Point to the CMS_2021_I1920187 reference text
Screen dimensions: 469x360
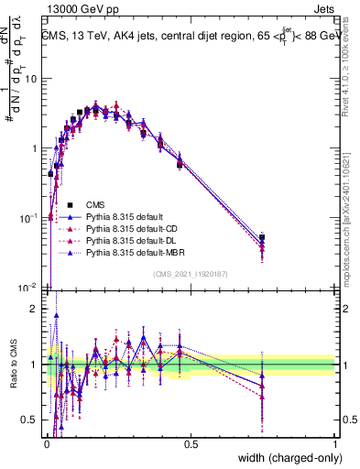click(191, 273)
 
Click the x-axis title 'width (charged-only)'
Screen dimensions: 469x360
click(286, 458)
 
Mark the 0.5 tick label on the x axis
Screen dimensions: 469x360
click(191, 443)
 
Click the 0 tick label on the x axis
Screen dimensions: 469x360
click(47, 443)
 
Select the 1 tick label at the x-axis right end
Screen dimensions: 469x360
click(334, 443)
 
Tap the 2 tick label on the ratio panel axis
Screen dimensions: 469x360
click(36, 309)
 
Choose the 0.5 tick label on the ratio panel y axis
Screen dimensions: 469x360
click(31, 420)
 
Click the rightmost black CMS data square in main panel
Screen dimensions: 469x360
click(262, 237)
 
